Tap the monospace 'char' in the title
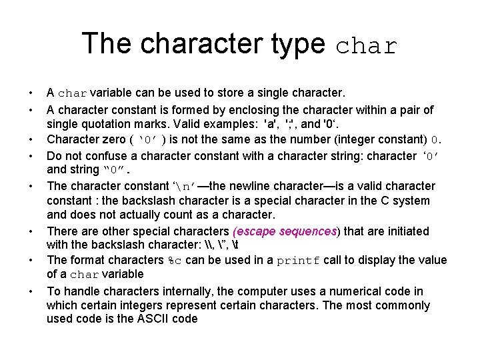367,45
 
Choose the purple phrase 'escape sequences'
287,231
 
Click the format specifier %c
175,261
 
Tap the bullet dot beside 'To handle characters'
31,291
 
